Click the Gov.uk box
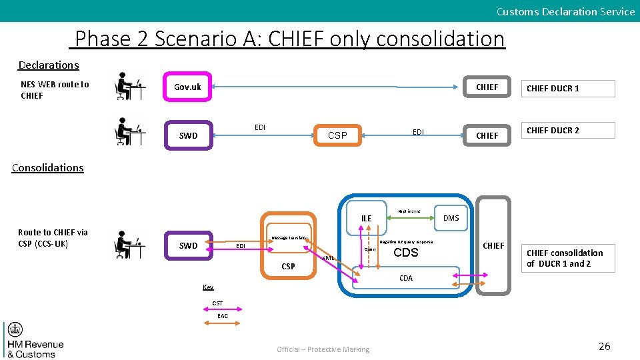187,87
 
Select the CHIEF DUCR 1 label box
567,89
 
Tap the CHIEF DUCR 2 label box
567,130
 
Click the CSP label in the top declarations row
337,135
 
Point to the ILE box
366,218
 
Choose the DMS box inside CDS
451,218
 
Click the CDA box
406,278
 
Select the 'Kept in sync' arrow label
409,211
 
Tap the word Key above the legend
209,287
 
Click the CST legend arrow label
218,303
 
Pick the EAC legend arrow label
223,316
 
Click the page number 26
604,346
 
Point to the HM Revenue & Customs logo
33,341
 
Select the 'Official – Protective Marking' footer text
323,349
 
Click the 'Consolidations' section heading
48,168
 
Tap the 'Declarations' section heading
49,65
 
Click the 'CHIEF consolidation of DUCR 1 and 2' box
567,258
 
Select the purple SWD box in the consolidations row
189,246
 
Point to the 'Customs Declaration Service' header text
565,11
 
